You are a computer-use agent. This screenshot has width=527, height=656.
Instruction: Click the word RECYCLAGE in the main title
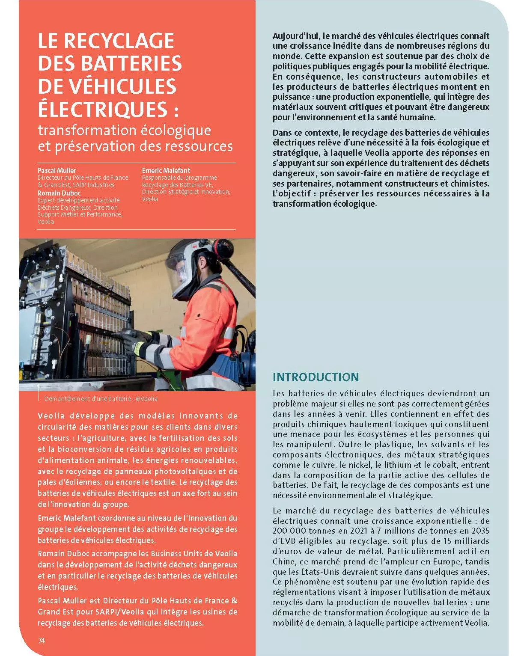click(x=119, y=41)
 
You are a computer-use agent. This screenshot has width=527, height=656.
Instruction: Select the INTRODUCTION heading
click(x=316, y=377)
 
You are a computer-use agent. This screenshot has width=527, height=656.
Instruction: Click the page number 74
click(x=41, y=641)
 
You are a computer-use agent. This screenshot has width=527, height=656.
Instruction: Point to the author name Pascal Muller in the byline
click(x=57, y=170)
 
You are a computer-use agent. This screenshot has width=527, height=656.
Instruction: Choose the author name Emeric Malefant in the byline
click(x=166, y=170)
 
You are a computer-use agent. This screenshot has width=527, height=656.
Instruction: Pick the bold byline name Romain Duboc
click(x=59, y=193)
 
